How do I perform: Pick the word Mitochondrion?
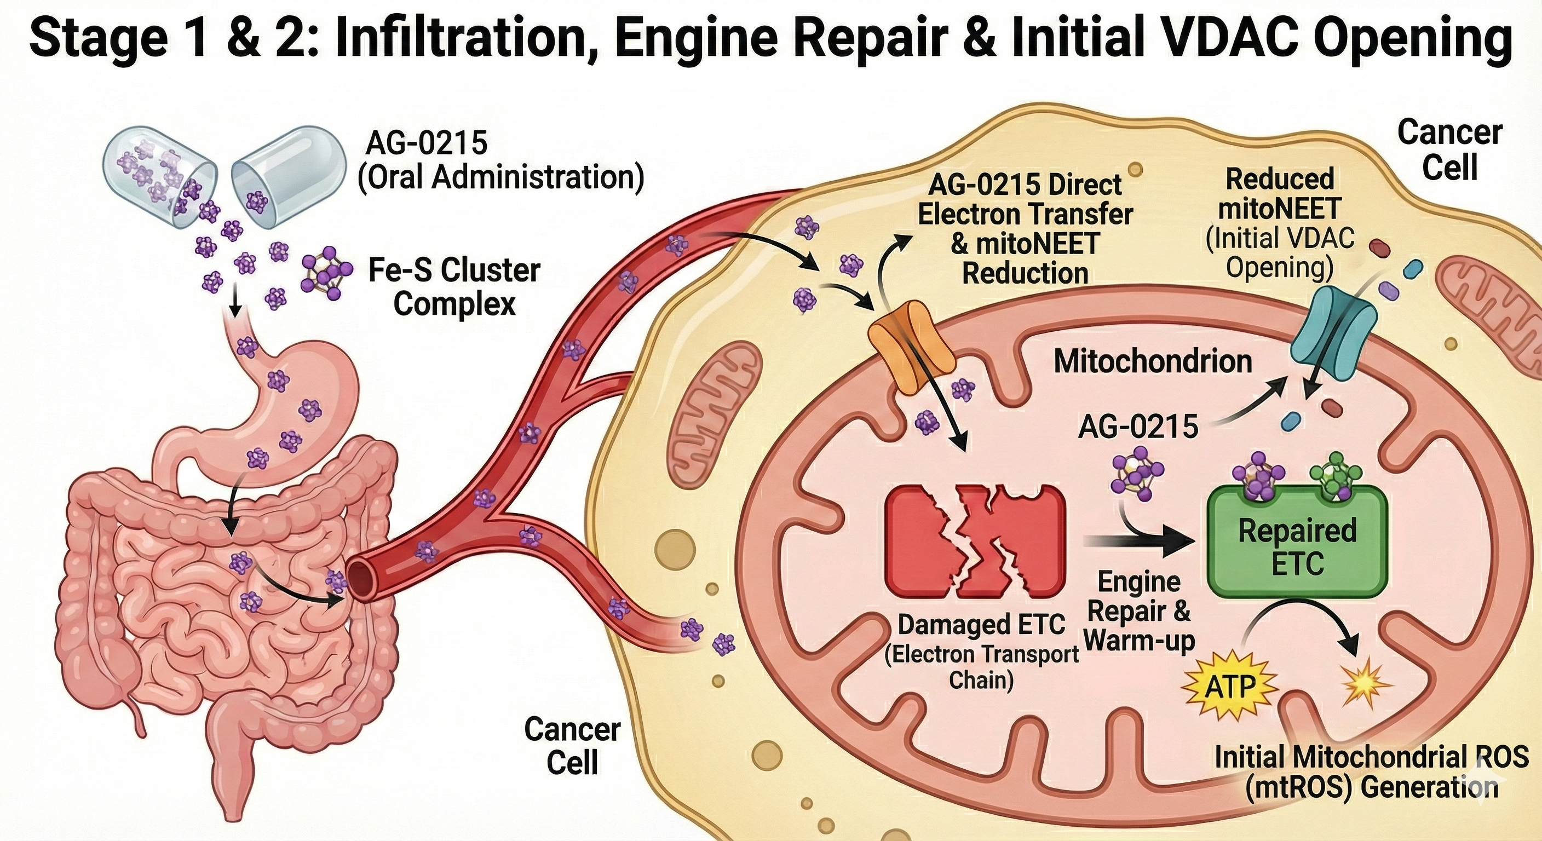pyautogui.click(x=1152, y=361)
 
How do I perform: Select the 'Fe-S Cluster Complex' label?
pyautogui.click(x=454, y=287)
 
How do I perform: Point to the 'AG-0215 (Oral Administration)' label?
pyautogui.click(x=500, y=160)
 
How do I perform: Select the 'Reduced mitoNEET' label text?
pyautogui.click(x=1280, y=193)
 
